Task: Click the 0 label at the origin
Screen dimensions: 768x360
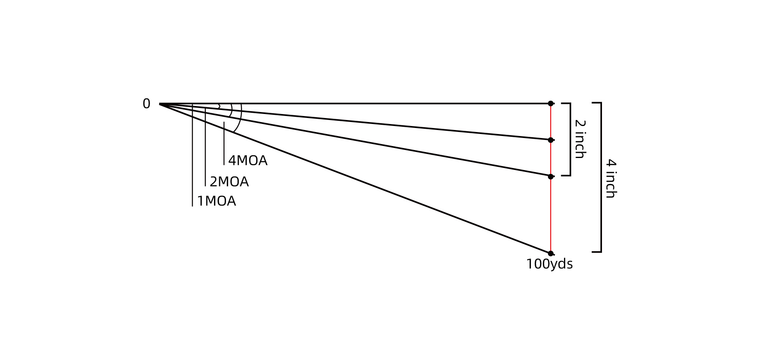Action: [146, 104]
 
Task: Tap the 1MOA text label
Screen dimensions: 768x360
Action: [217, 201]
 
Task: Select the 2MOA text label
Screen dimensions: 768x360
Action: [229, 182]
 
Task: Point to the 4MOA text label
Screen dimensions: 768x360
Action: [248, 161]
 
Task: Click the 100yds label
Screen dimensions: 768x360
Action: [549, 264]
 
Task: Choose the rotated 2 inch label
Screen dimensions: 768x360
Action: [580, 139]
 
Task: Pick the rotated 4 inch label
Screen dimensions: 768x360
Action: [611, 178]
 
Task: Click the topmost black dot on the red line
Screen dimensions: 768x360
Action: [551, 104]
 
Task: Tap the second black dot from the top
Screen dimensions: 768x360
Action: [551, 140]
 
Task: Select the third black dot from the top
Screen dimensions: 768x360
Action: [551, 177]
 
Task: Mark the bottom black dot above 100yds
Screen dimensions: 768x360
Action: [551, 253]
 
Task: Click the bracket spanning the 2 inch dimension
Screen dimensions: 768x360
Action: [570, 139]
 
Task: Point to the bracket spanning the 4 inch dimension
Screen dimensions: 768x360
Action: [601, 177]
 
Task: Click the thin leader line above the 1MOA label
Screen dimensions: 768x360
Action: [192, 156]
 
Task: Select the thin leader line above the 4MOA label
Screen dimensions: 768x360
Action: [224, 143]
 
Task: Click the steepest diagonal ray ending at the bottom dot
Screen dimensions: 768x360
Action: [355, 178]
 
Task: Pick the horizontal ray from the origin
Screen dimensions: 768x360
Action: [355, 104]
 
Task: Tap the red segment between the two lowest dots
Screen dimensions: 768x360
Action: [551, 215]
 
